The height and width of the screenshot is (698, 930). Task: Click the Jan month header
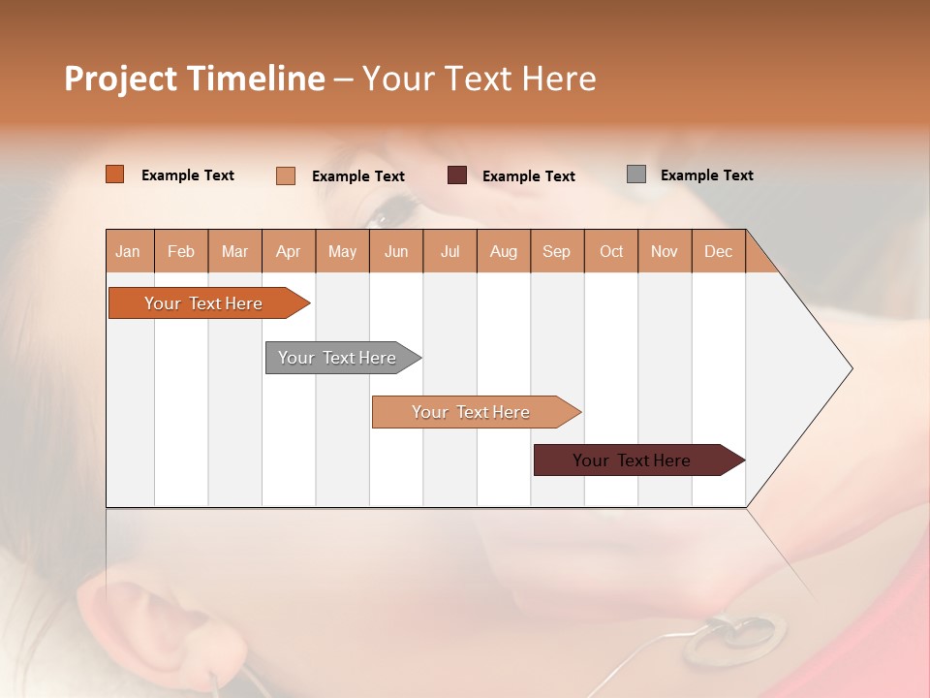(x=129, y=251)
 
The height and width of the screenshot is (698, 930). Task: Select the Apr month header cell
(x=289, y=251)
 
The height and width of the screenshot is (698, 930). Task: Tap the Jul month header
(x=449, y=251)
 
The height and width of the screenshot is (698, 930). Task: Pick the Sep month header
(x=557, y=251)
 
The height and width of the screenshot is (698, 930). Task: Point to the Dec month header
(x=718, y=251)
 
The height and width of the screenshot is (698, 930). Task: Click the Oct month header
(x=611, y=251)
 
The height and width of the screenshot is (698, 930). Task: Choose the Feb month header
(x=181, y=251)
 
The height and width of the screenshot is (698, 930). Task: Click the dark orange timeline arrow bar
(x=203, y=303)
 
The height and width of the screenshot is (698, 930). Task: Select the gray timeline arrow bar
(x=337, y=358)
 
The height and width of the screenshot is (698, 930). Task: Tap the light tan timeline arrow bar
(x=471, y=412)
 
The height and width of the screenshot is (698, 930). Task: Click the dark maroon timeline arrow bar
(x=632, y=460)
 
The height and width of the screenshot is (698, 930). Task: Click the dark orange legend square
(x=115, y=174)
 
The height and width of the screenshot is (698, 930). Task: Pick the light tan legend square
(x=286, y=175)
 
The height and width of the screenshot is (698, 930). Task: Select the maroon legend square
(x=457, y=175)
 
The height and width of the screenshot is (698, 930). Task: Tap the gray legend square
(x=636, y=174)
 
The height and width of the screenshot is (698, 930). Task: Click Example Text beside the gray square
(x=706, y=175)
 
